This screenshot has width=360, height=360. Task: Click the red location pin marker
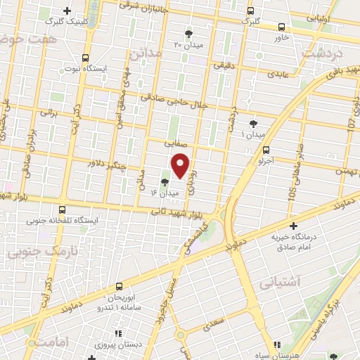[181, 165]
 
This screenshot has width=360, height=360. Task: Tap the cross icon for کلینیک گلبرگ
[67, 11]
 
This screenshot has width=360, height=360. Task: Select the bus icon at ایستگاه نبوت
[86, 58]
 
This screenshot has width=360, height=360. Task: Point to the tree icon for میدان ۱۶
[164, 181]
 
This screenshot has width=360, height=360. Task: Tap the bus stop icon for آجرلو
[266, 149]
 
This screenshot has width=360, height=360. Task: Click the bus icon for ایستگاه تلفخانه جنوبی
[63, 209]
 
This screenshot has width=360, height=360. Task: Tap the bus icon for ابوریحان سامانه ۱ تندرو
[118, 285]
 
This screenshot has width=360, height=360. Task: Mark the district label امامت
[47, 342]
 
